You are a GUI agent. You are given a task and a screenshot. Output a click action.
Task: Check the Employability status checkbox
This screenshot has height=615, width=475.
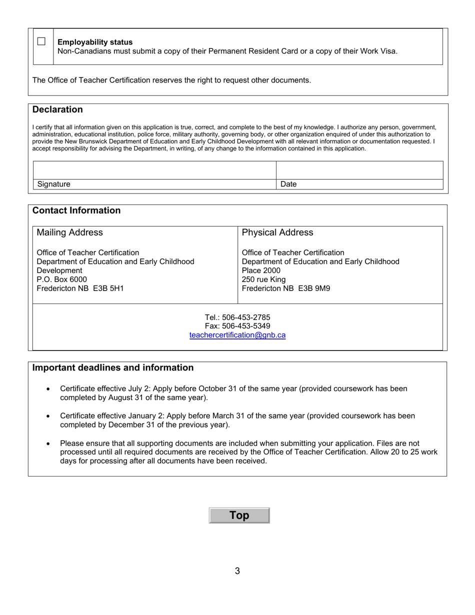click(41, 41)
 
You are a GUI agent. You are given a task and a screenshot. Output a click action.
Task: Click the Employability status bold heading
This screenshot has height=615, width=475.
click(95, 42)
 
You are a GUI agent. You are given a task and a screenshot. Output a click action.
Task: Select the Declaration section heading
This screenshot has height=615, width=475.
click(57, 109)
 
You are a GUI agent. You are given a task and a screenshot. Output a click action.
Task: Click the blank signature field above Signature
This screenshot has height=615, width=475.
click(154, 170)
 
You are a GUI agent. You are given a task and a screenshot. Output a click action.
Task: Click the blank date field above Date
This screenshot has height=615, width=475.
click(359, 170)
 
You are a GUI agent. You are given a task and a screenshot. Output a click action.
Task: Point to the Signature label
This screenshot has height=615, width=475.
click(54, 184)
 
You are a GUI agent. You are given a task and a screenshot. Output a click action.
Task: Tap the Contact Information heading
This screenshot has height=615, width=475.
click(76, 210)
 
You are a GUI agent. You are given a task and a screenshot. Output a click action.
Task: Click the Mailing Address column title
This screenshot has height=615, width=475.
click(70, 232)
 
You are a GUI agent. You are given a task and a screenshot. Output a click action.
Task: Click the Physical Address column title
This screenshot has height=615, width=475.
click(277, 232)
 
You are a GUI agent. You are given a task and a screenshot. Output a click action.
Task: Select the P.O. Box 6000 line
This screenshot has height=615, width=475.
click(62, 279)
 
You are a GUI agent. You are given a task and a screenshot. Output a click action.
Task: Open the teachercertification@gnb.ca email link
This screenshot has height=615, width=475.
click(237, 335)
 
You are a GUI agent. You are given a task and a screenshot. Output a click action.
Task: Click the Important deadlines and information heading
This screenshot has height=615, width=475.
click(113, 368)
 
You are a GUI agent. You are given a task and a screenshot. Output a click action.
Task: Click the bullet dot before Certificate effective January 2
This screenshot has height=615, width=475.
click(48, 416)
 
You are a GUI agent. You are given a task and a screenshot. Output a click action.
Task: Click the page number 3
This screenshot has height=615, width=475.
click(237, 571)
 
